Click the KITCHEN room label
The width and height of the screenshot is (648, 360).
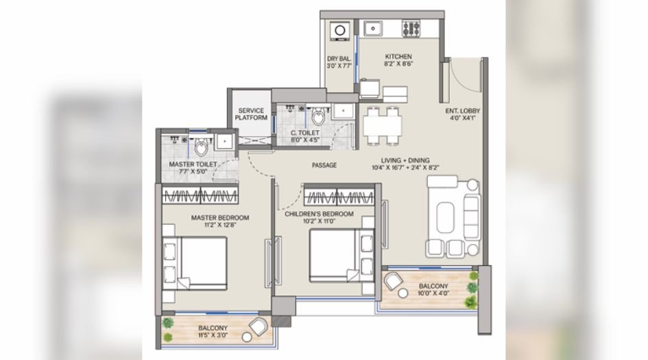pos(398,57)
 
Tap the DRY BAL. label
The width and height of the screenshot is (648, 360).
pos(339,60)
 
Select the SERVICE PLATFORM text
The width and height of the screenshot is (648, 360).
pos(250,114)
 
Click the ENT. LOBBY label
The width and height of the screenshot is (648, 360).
pos(461,111)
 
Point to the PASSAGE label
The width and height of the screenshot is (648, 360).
pos(324,165)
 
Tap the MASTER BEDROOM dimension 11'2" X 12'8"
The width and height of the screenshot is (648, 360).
pos(219,226)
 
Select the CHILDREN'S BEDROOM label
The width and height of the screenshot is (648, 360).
pos(319,214)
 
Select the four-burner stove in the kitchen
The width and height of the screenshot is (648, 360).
pos(411,29)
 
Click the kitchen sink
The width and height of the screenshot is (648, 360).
pos(374,29)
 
